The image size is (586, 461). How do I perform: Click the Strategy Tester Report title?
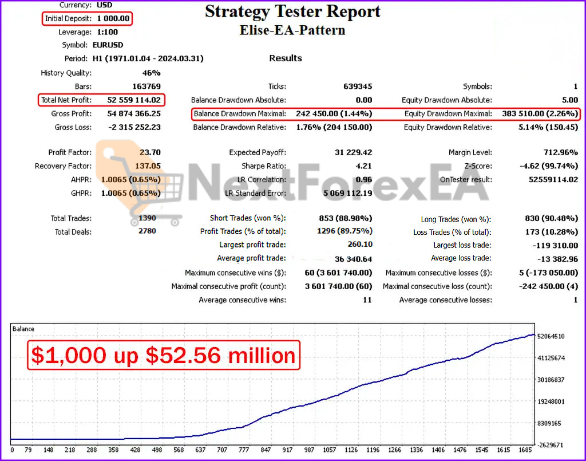(292, 11)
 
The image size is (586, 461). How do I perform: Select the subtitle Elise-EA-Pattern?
(292, 30)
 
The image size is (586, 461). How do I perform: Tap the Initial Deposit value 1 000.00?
(113, 19)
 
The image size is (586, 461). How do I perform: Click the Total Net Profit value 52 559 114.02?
(134, 100)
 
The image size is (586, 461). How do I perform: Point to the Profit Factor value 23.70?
(150, 152)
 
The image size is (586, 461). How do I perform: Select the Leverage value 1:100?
(108, 32)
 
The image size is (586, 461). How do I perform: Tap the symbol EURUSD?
(108, 45)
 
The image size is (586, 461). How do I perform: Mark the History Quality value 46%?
(151, 73)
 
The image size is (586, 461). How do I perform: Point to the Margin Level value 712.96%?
(560, 152)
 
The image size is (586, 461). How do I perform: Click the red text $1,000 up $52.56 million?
(164, 355)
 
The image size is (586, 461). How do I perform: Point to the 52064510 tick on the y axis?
(551, 336)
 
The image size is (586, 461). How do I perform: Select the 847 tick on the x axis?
(265, 450)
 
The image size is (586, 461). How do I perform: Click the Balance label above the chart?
(23, 329)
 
